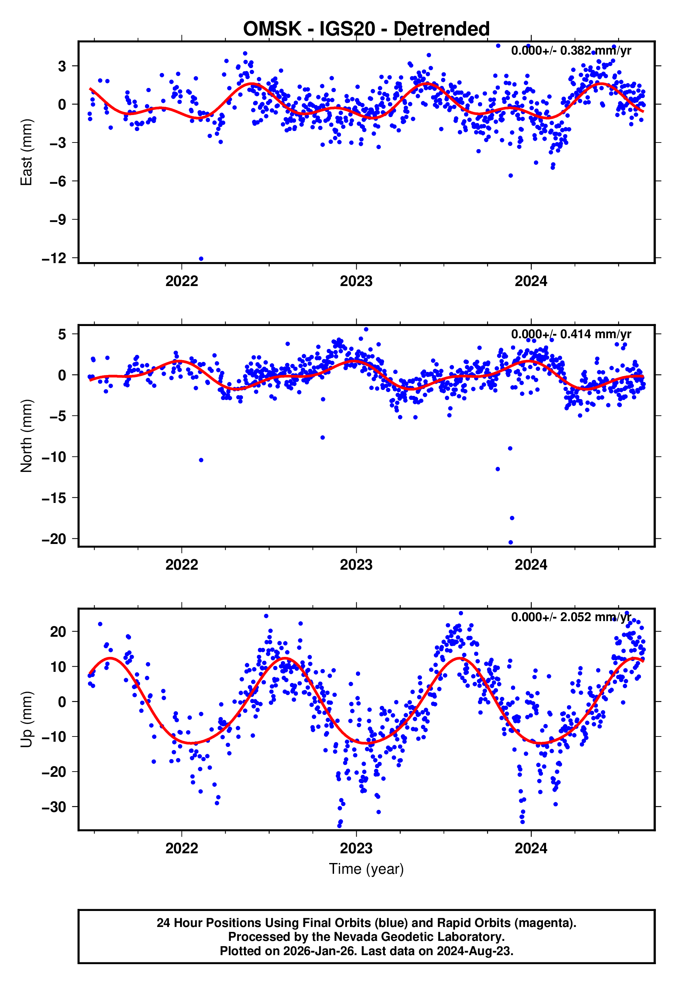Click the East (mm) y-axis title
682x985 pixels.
tap(26, 153)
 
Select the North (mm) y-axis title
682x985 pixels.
tap(26, 436)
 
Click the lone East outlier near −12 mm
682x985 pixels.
tap(201, 259)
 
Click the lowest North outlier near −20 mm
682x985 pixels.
tap(511, 543)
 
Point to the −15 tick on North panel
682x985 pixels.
tap(54, 498)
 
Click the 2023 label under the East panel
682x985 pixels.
tap(356, 281)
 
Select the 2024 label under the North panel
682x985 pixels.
tap(531, 565)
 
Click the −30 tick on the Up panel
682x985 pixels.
tap(54, 807)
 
